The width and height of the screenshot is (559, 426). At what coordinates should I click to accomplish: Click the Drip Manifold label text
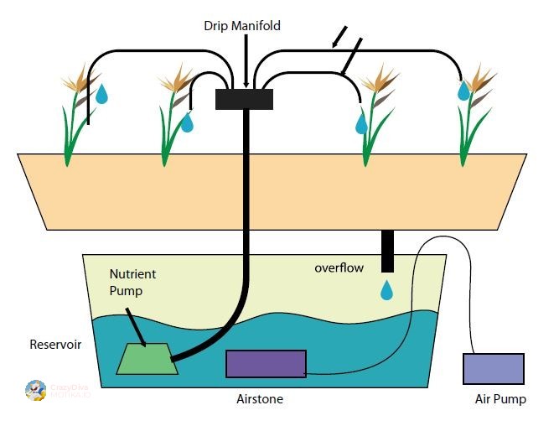point(242,26)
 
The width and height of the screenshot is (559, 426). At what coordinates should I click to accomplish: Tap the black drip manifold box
point(244,99)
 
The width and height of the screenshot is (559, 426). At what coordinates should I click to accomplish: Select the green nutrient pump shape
point(148,359)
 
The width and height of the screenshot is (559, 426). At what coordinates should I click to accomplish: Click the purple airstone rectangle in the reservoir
point(266,364)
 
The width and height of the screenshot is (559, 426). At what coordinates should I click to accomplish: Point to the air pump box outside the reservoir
point(494,369)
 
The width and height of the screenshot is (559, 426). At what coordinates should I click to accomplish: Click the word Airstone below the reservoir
point(260,400)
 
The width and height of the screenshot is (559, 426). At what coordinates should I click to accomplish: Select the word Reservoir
point(55,345)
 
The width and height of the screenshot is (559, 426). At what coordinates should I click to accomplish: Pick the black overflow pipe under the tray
point(386,251)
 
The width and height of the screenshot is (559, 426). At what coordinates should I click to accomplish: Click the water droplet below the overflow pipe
point(386,291)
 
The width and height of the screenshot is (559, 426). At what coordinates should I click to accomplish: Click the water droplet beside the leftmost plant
point(101,93)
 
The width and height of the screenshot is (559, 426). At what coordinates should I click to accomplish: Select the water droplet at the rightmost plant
point(463,91)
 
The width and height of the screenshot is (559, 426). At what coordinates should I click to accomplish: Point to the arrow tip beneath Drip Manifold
point(245,85)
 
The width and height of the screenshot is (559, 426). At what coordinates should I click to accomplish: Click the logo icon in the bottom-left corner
point(36,391)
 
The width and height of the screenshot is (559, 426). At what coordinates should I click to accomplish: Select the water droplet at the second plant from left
point(187,123)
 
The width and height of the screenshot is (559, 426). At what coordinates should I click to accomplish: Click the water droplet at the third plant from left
point(361,124)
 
